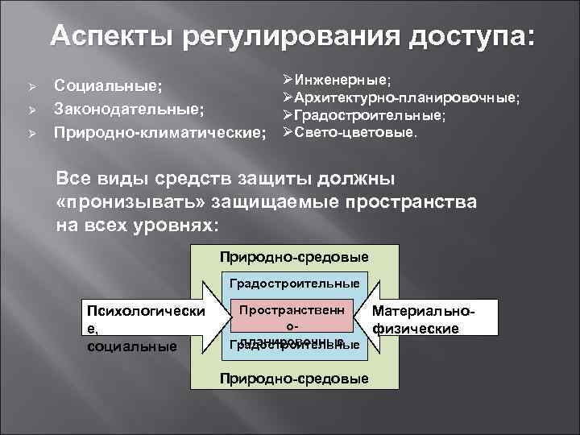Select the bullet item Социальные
tap(107, 85)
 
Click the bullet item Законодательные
tap(127, 107)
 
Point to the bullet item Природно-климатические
tap(159, 130)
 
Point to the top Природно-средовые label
tap(294, 257)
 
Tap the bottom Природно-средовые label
tap(294, 379)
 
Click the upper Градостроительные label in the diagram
tap(294, 284)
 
